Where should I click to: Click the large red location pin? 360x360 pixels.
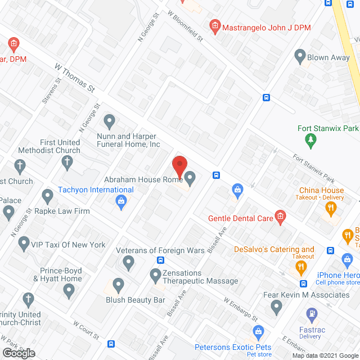click(x=179, y=167)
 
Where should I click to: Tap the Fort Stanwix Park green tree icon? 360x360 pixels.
click(x=309, y=139)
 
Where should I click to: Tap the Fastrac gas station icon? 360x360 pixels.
click(x=310, y=314)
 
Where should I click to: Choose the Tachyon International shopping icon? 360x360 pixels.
click(x=120, y=201)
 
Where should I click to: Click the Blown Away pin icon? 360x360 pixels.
click(x=299, y=56)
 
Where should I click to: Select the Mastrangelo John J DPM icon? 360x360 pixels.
click(x=214, y=25)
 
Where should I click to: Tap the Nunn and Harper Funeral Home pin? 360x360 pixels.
click(x=110, y=121)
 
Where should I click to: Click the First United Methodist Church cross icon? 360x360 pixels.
click(x=66, y=163)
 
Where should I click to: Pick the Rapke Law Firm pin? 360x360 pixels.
click(x=47, y=196)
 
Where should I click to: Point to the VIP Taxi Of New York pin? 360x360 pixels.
click(x=24, y=244)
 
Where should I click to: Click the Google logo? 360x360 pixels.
click(x=18, y=353)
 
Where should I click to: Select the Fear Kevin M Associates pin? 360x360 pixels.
click(x=276, y=307)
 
